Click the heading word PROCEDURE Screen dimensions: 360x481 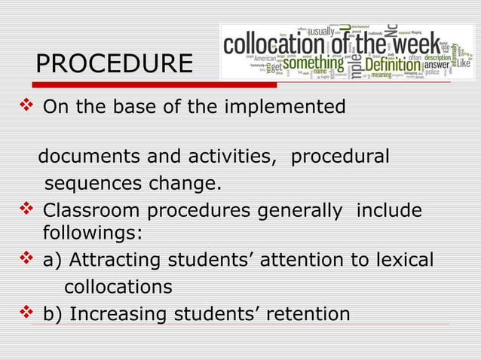114,64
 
